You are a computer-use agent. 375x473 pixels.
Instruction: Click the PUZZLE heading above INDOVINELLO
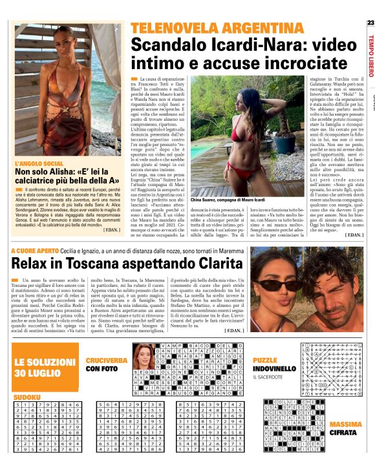(x=265, y=359)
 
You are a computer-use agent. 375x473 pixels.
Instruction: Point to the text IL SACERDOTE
(x=271, y=377)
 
